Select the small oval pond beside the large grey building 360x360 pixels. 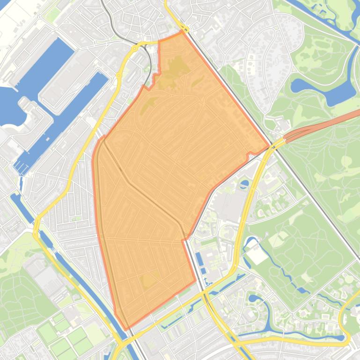tap(243, 183)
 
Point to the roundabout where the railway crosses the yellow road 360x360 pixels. tap(134, 48)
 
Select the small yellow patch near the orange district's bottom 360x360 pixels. tap(149, 280)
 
